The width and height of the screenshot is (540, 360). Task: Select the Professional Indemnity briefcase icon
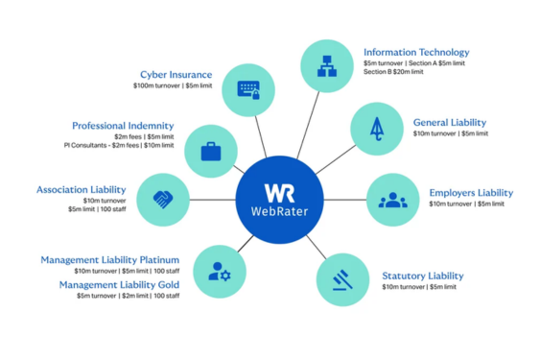coord(211,150)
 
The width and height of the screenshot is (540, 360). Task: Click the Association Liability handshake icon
coord(163,199)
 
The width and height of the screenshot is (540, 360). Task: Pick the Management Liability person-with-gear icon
coord(220,272)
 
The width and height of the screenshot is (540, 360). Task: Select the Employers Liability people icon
coord(392,200)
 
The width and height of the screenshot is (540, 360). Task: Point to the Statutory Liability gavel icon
coord(342,279)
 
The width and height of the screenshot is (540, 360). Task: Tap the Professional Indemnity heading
coord(123,126)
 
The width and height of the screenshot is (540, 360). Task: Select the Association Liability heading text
coord(81,190)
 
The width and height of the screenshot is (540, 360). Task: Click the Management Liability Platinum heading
coord(109,259)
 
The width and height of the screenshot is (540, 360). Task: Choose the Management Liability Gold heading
coord(119,284)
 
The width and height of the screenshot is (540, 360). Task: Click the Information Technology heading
coord(416,52)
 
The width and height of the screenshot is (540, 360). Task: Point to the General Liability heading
coord(450,123)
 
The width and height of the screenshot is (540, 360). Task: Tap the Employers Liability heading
coord(470,193)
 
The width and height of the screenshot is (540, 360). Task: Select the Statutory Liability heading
coord(423,276)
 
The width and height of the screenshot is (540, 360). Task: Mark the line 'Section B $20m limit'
coord(392,72)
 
